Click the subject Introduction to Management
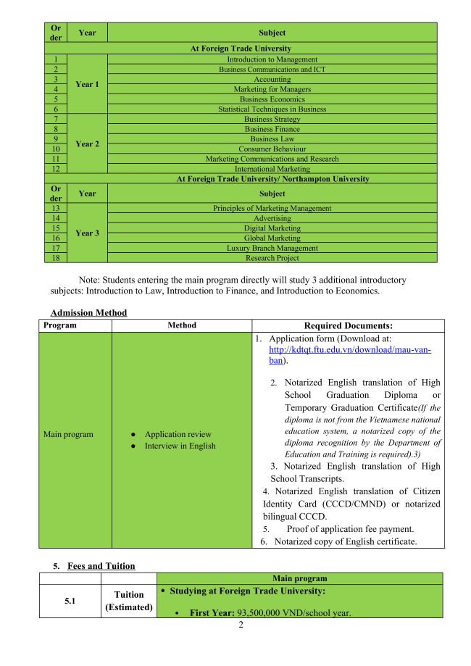click(x=272, y=59)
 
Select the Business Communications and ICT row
click(x=272, y=70)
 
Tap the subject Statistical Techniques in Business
click(x=272, y=109)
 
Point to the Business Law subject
click(x=272, y=139)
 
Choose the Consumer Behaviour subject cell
click(x=272, y=149)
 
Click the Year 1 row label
click(x=87, y=84)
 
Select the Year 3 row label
click(x=87, y=233)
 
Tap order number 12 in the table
click(x=55, y=169)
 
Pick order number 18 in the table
click(x=55, y=258)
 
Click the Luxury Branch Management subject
click(x=272, y=248)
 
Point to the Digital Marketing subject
click(x=272, y=228)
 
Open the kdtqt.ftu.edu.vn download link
click(x=349, y=350)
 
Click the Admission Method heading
click(x=88, y=313)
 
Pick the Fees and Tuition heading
click(x=101, y=566)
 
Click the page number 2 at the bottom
click(x=241, y=625)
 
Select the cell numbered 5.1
click(x=70, y=599)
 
